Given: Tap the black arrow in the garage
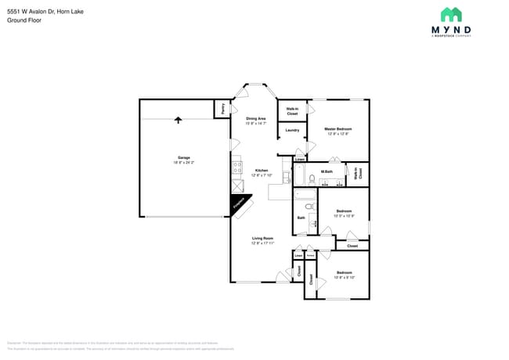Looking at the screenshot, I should [x=179, y=120].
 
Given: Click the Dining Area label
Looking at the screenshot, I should [x=255, y=121].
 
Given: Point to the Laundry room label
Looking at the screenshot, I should [x=292, y=130].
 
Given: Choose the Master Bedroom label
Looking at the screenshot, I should [x=338, y=131].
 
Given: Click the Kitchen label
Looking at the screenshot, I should [x=261, y=172].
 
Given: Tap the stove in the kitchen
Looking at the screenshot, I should [x=236, y=167].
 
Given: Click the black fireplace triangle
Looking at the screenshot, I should [x=237, y=203].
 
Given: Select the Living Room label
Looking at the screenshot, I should [x=262, y=240].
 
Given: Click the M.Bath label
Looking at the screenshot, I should [x=327, y=171].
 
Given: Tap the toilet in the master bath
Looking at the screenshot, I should [x=312, y=180].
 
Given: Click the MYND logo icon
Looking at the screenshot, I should [x=451, y=14].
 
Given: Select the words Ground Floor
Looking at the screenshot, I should [x=23, y=20].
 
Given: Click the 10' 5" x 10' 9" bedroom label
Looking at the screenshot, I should [x=344, y=213].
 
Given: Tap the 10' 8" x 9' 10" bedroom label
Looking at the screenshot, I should [x=344, y=275].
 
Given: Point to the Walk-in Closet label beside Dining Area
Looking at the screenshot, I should [x=291, y=111].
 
